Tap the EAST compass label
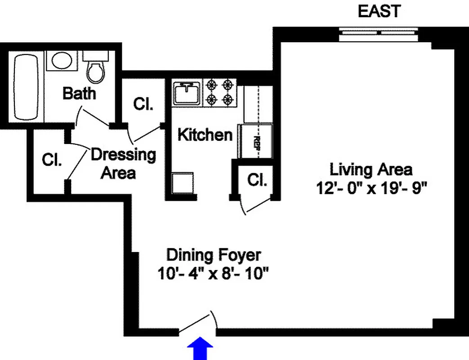click(379, 11)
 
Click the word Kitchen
click(205, 135)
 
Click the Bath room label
click(79, 94)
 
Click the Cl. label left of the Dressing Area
click(52, 160)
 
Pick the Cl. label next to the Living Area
click(258, 180)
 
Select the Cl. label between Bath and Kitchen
click(143, 104)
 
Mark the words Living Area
click(371, 170)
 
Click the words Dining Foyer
click(213, 255)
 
